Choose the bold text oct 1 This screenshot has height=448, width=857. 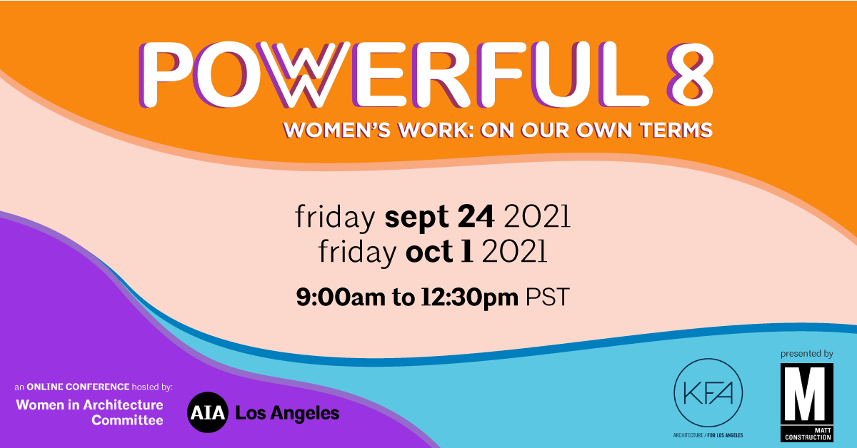(x=439, y=252)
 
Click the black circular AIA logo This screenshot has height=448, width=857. (x=206, y=413)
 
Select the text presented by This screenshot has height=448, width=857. (x=807, y=353)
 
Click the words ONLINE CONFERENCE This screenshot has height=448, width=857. (x=78, y=387)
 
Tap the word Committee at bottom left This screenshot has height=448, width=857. (x=127, y=420)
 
